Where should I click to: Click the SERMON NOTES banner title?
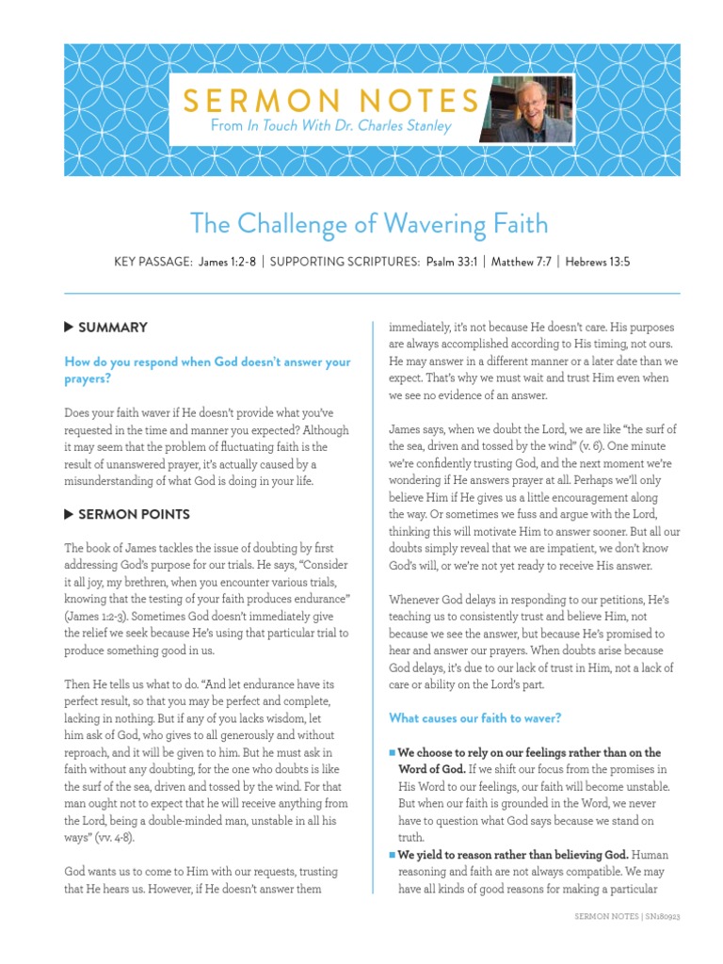point(332,100)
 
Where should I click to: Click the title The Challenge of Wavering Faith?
point(368,224)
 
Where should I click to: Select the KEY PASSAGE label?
point(153,262)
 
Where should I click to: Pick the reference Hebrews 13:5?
point(597,262)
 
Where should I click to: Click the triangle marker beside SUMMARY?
point(69,327)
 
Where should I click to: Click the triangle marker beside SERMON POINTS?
point(69,514)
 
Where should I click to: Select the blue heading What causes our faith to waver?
point(475,718)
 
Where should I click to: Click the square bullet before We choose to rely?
point(393,753)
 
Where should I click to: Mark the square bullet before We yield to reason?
point(393,856)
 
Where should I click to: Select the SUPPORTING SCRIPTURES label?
point(342,262)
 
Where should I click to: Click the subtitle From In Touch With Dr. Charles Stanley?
point(332,126)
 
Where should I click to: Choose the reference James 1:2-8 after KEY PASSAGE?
point(227,262)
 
